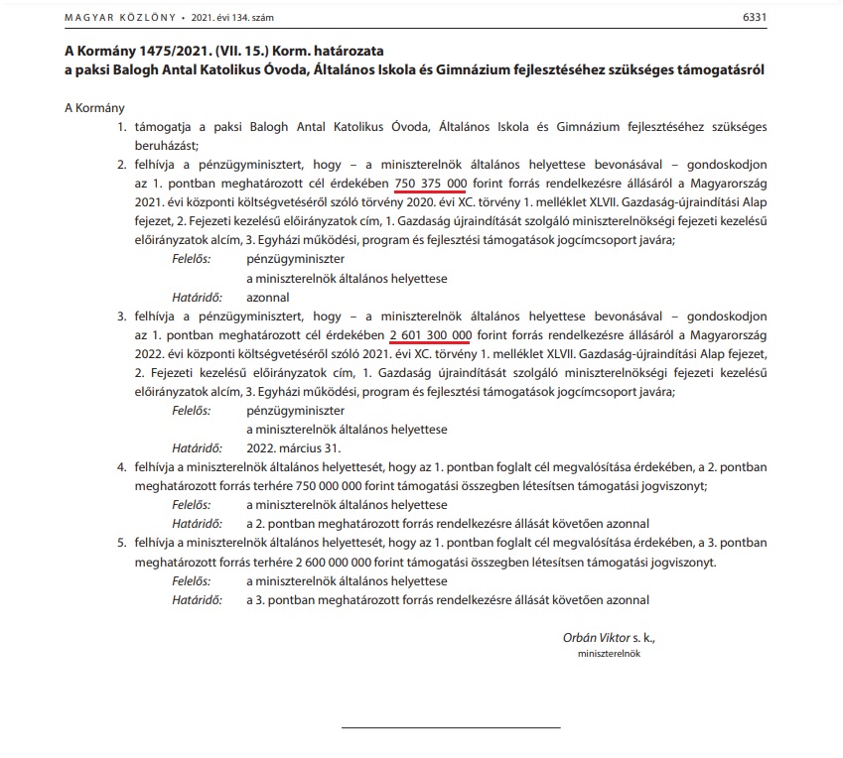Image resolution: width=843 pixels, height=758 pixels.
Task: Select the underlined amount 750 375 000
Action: tap(431, 186)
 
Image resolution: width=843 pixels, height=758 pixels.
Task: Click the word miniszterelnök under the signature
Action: tap(611, 656)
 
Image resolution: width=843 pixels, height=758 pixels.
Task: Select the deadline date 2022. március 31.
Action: tap(288, 446)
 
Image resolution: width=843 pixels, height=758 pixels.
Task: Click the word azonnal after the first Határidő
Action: tap(268, 297)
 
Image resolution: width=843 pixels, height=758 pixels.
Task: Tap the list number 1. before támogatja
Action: tap(123, 129)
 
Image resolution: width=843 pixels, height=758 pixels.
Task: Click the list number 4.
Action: tap(123, 466)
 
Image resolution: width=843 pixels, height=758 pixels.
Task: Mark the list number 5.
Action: tap(123, 543)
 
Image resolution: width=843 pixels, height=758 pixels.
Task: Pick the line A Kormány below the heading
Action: tap(87, 107)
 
